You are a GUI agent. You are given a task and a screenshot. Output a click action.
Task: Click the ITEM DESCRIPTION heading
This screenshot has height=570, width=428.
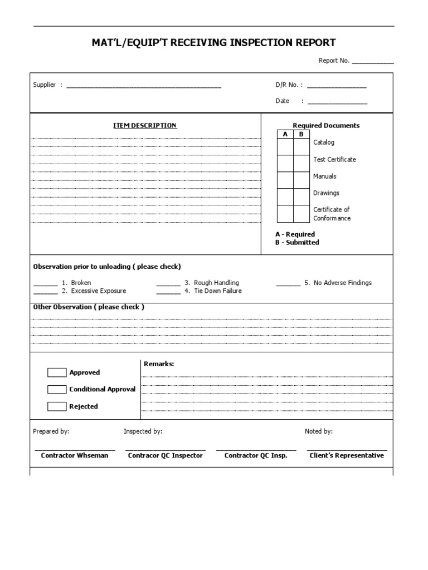145,126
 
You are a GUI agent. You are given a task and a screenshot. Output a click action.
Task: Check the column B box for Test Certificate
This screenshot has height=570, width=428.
301,163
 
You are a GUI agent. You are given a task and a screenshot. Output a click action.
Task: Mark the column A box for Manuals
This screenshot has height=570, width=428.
285,180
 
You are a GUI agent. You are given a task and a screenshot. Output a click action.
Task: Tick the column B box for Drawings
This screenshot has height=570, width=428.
301,196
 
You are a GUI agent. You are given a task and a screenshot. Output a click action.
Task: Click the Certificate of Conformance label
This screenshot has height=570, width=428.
332,214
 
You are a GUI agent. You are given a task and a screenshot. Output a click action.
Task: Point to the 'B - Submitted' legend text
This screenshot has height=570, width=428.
297,243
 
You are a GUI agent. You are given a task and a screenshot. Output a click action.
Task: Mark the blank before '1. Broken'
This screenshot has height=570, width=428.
45,283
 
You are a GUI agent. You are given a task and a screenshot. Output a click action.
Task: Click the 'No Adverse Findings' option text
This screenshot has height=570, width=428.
342,283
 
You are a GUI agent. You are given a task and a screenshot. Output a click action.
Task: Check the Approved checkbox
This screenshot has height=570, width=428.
57,372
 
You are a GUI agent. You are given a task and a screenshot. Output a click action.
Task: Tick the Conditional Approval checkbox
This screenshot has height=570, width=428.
57,389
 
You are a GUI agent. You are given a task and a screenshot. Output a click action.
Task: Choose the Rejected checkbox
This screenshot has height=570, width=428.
57,406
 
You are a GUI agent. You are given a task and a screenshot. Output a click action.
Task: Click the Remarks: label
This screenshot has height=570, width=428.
159,364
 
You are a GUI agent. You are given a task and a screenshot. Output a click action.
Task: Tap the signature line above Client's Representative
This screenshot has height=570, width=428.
347,449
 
